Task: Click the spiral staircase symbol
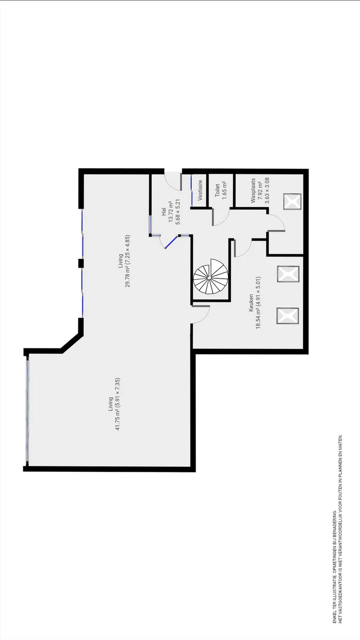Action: [211, 277]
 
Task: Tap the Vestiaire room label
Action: [200, 190]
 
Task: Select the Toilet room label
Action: [217, 190]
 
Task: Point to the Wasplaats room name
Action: [253, 192]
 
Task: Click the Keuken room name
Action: [251, 302]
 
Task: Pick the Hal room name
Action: [164, 211]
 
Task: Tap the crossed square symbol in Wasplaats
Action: [292, 202]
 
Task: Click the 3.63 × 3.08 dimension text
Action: [267, 191]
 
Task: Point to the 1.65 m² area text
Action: [224, 190]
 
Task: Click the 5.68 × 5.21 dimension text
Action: [178, 212]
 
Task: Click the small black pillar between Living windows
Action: [81, 263]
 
